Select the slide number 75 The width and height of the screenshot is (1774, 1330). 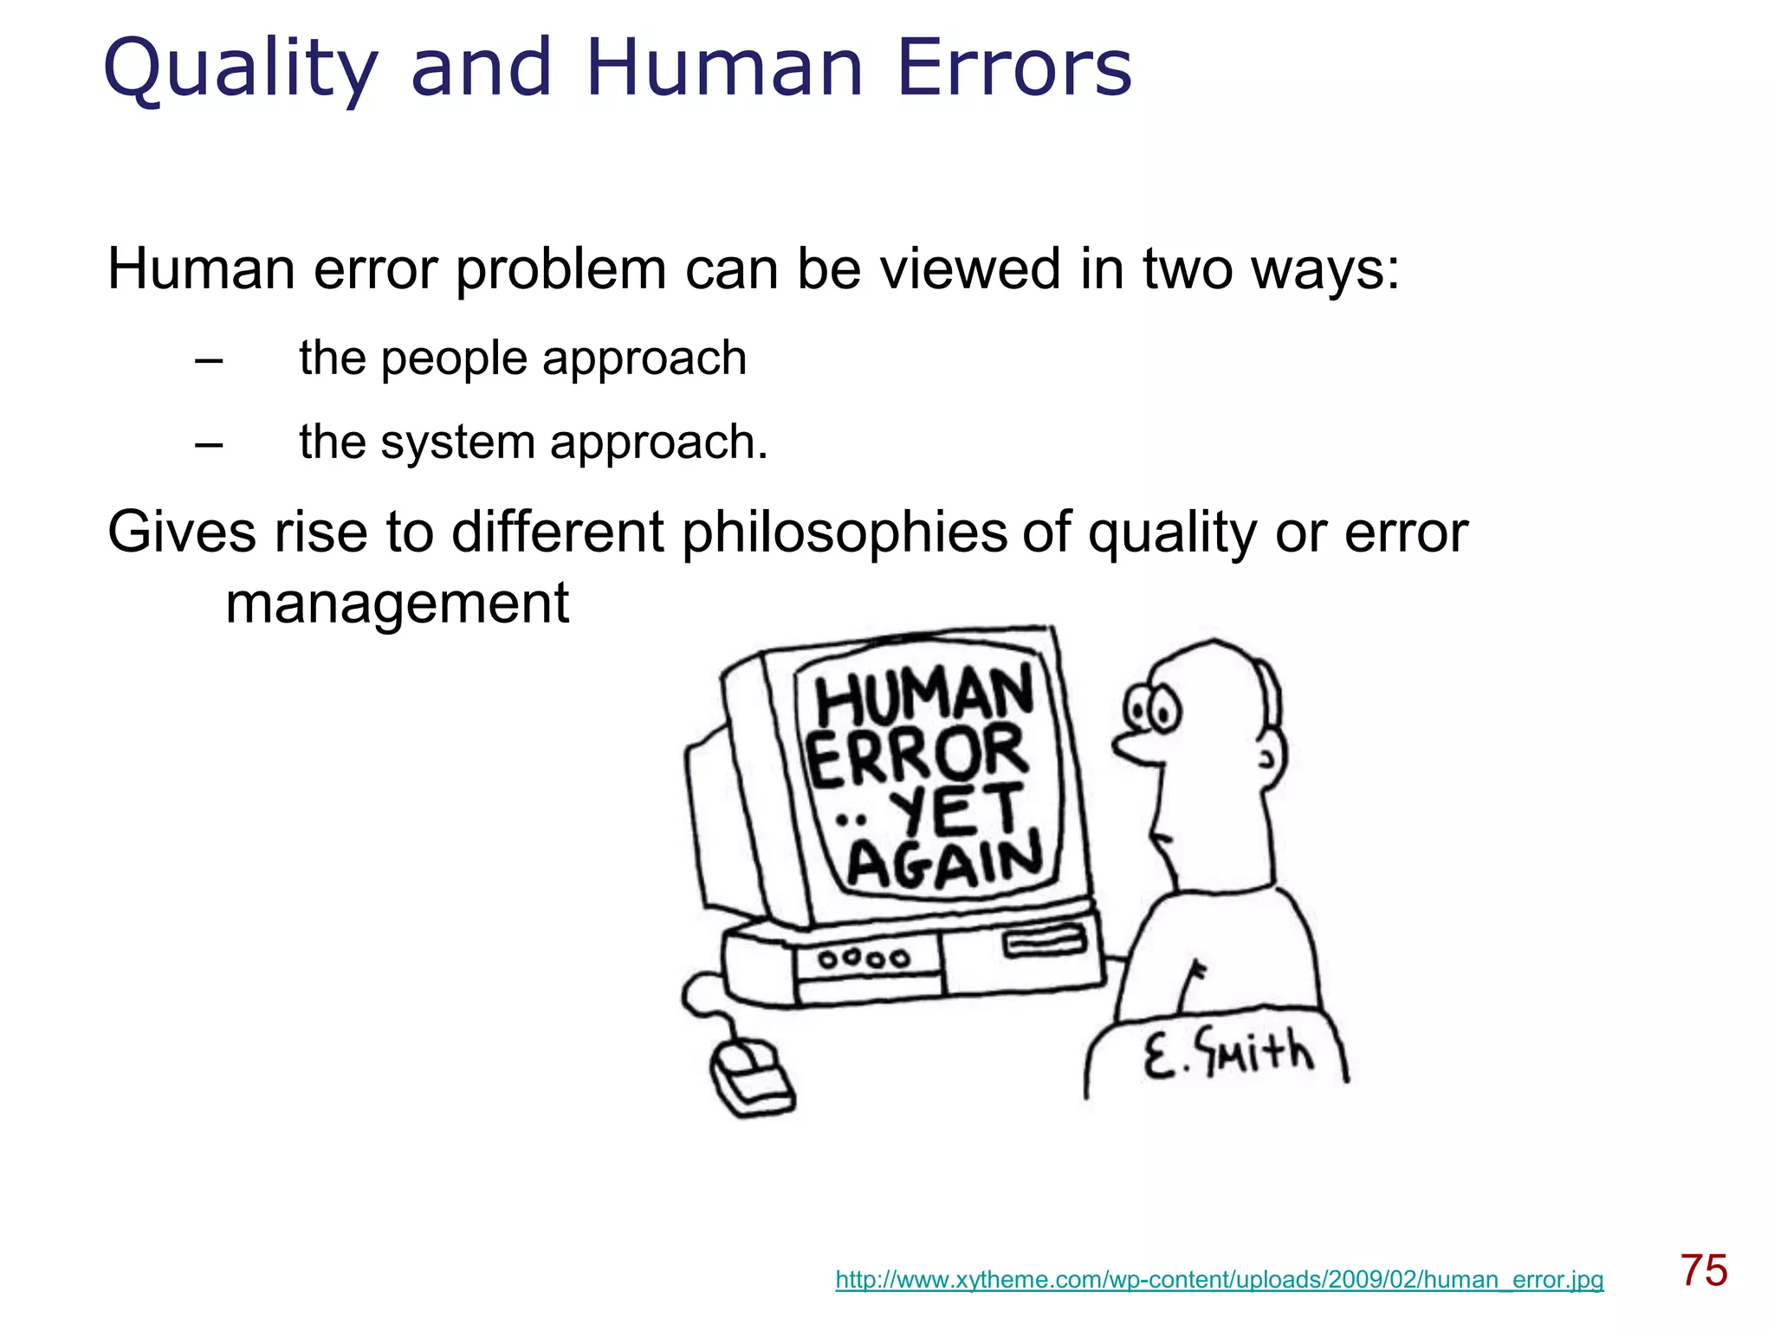1704,1271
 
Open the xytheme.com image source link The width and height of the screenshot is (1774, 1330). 1219,1280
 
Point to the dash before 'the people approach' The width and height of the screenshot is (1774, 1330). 209,360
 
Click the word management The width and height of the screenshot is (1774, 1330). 397,603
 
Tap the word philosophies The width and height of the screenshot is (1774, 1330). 845,533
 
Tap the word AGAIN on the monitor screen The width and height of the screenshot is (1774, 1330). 945,862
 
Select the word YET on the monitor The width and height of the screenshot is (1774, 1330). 956,810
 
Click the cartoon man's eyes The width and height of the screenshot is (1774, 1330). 1151,708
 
